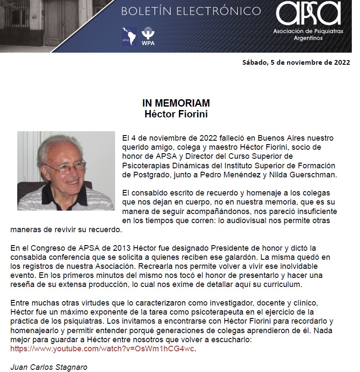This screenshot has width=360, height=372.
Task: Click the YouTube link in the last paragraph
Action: (x=105, y=348)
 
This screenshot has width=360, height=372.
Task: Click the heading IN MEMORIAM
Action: (x=176, y=104)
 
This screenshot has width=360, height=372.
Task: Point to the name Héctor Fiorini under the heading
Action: (x=176, y=114)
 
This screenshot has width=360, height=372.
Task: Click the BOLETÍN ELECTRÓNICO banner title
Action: (x=191, y=11)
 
